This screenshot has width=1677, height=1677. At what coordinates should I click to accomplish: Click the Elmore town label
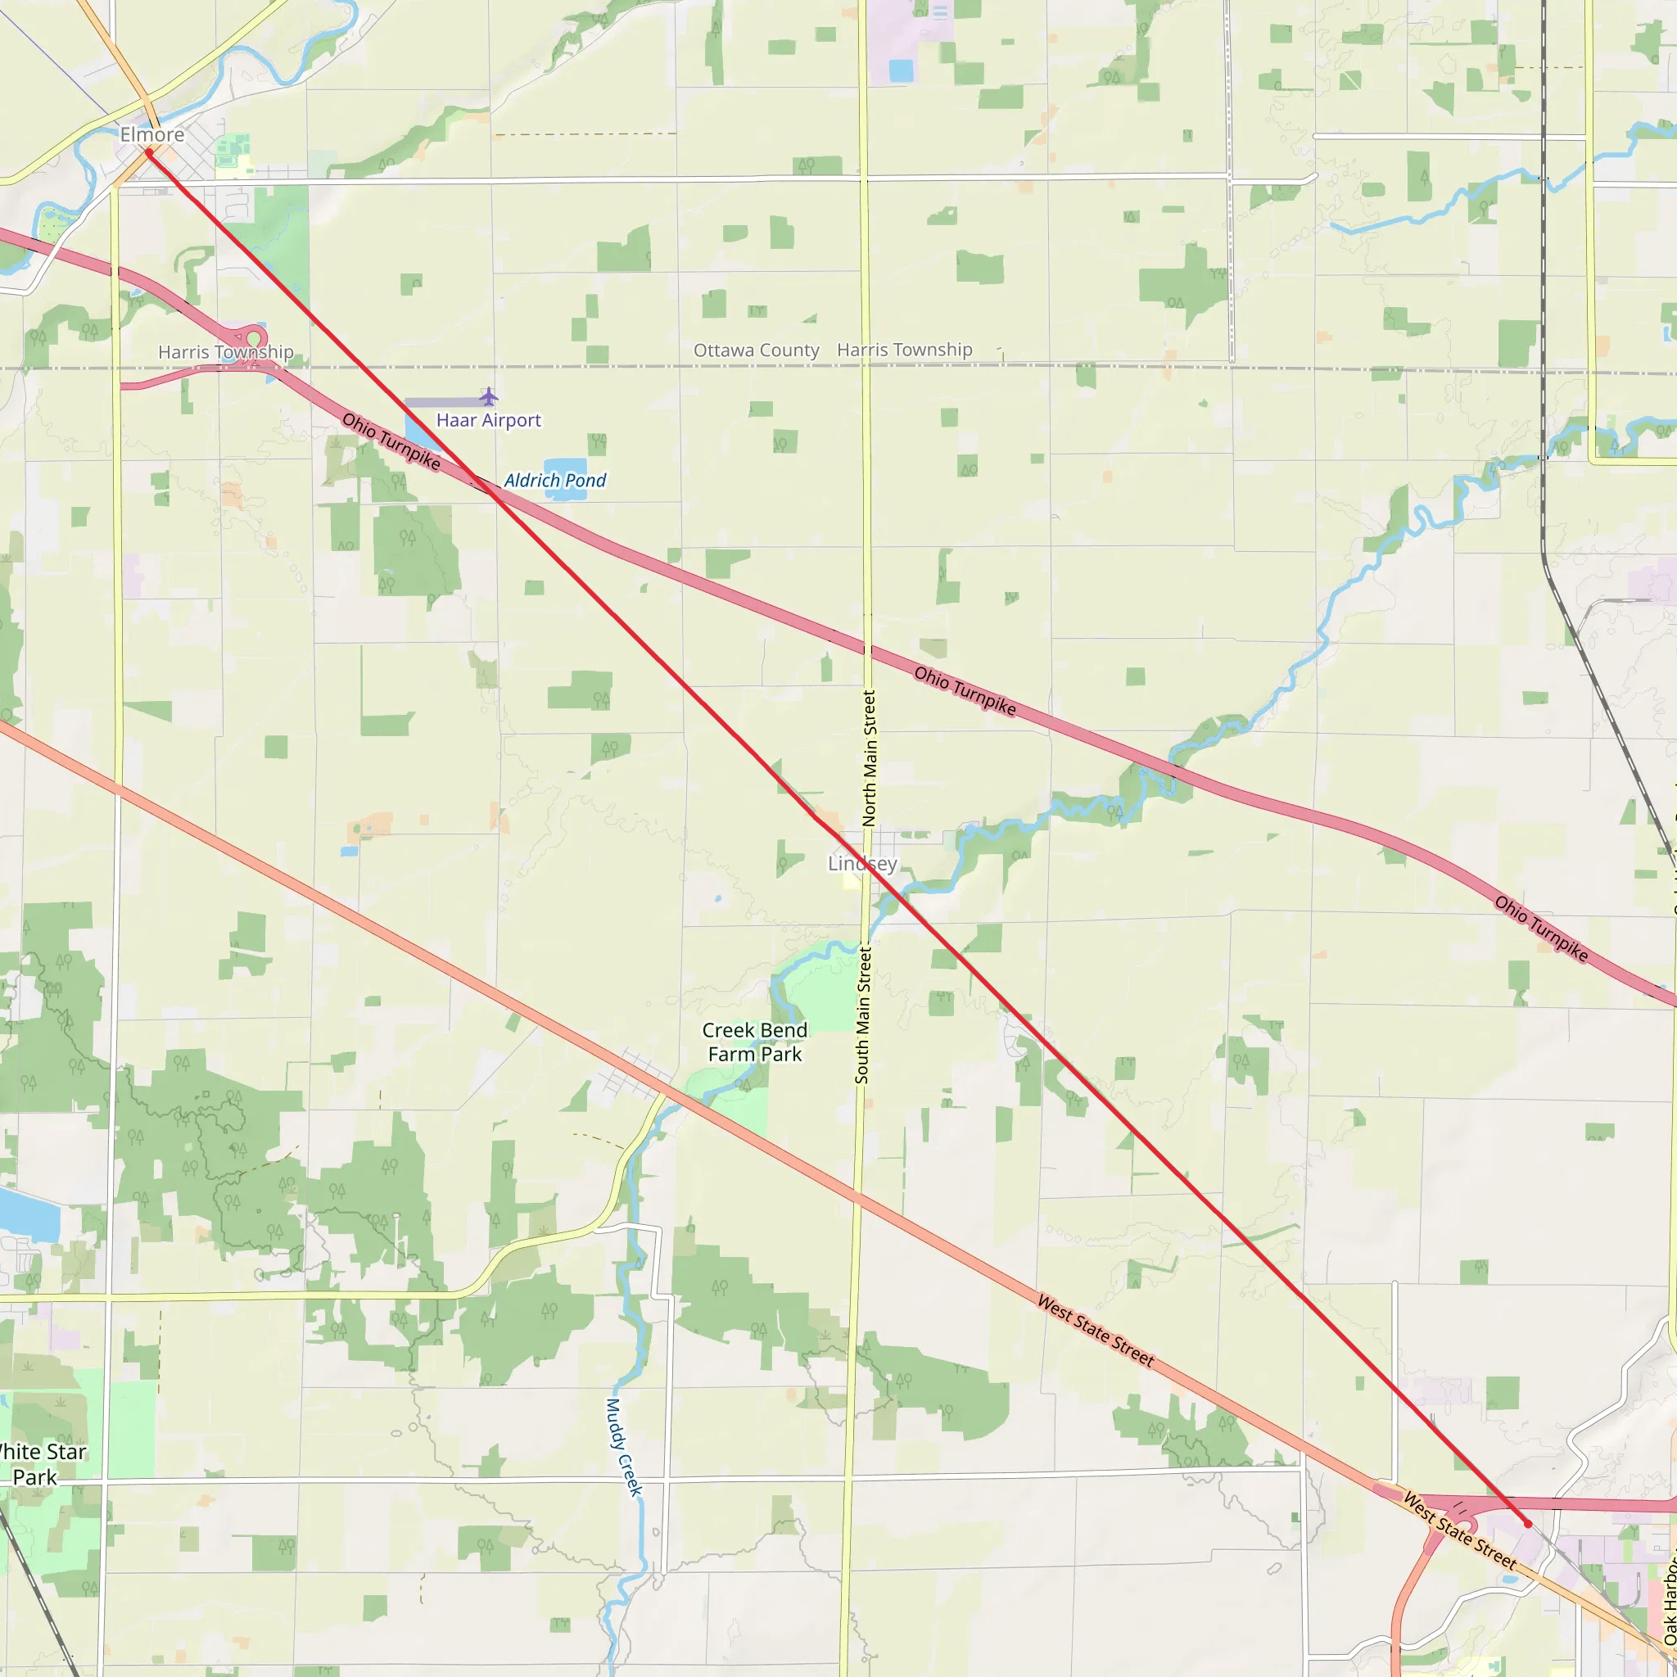point(152,134)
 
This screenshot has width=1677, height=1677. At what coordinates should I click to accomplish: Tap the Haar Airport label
point(489,420)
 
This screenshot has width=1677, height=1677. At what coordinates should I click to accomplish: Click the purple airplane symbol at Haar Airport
point(489,396)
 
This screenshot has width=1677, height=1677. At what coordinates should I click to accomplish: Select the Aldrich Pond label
point(554,480)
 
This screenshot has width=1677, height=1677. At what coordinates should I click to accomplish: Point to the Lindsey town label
point(862,863)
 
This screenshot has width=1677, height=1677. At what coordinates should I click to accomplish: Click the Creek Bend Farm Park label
point(754,1042)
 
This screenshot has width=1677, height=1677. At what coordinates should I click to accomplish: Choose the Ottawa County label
point(756,350)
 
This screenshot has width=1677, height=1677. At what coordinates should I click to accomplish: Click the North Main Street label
point(869,757)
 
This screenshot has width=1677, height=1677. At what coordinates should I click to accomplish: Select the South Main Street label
point(863,1014)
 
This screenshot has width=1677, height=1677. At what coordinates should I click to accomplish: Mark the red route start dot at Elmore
point(149,153)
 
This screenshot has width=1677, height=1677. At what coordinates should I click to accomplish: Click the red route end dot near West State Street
point(1528,1523)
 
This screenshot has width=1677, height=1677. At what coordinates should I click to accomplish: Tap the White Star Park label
point(39,1464)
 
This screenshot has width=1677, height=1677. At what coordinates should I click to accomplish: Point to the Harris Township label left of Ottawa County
point(226,351)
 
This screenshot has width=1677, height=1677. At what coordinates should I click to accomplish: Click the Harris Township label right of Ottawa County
point(905,350)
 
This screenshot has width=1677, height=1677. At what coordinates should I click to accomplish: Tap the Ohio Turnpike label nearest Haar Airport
point(391,441)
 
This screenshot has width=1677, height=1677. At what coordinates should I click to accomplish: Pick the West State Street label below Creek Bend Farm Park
point(1096,1331)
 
